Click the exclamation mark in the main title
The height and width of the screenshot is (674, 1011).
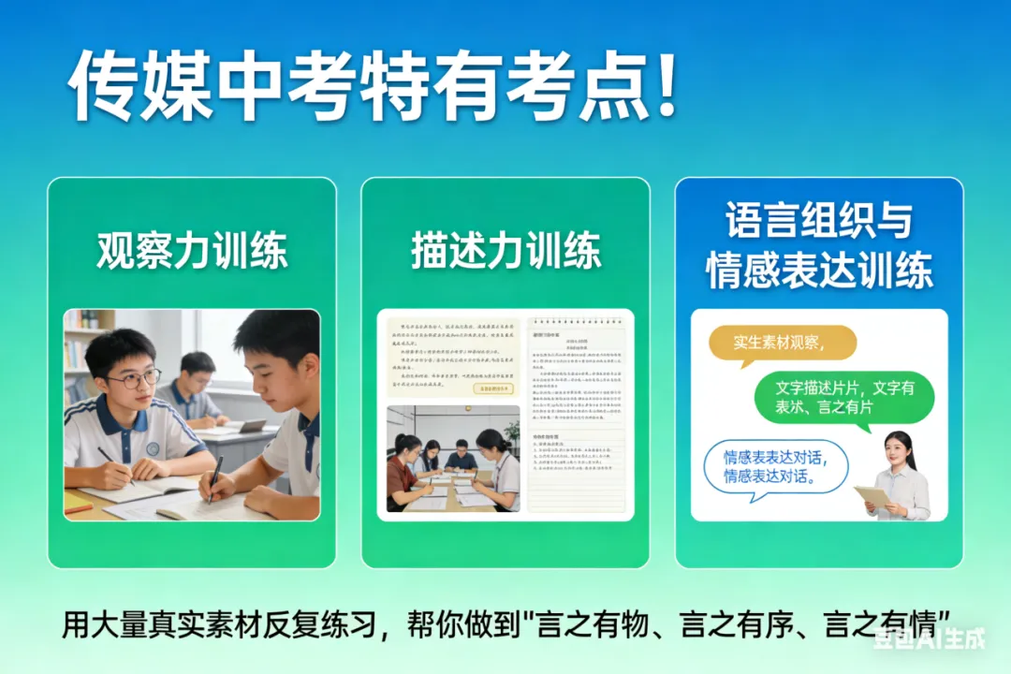coord(666,86)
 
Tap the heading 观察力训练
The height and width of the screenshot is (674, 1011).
coord(192,251)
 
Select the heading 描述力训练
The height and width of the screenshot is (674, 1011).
coord(505,251)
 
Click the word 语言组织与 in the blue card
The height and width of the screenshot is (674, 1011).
coord(818,222)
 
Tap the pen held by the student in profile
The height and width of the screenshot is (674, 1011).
coord(214,478)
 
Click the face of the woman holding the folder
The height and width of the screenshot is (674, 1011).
coord(901,452)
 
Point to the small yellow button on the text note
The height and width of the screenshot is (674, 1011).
coord(492,387)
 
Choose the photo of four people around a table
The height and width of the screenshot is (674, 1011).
coord(453,459)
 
